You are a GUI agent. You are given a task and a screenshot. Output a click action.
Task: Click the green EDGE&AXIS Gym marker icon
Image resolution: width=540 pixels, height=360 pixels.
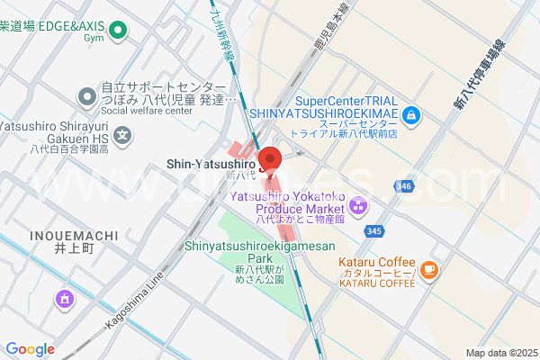116,34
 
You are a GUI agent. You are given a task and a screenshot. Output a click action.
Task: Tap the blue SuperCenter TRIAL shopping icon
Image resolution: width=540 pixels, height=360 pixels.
410,114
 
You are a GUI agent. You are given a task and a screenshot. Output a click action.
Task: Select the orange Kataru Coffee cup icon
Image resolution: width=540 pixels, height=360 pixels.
429,268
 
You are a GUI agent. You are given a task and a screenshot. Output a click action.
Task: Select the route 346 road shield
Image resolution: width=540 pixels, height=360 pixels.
403,186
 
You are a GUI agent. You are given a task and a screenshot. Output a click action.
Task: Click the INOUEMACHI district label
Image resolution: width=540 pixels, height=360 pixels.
59,236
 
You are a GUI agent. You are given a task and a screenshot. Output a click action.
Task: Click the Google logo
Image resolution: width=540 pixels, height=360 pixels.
31,349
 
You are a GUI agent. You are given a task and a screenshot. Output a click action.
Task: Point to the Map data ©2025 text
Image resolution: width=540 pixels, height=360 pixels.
499,352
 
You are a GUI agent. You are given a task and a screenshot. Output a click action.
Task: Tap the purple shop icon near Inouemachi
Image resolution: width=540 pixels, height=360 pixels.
65,298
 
